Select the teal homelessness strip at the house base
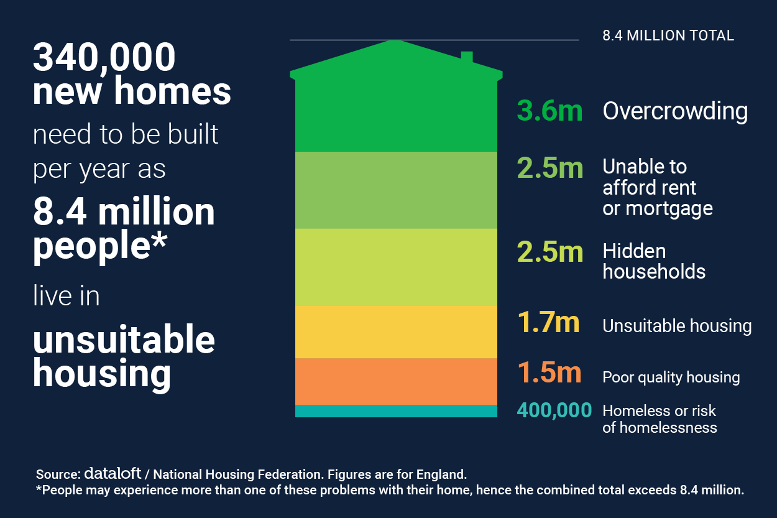pyautogui.click(x=396, y=411)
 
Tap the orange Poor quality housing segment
pyautogui.click(x=396, y=381)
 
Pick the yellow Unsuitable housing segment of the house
pyautogui.click(x=396, y=331)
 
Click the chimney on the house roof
pyautogui.click(x=467, y=58)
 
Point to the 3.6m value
pyautogui.click(x=549, y=111)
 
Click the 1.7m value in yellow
pyautogui.click(x=549, y=323)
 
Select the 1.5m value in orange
pyautogui.click(x=549, y=373)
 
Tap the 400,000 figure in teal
pyautogui.click(x=554, y=410)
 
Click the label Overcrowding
pyautogui.click(x=675, y=111)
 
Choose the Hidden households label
pyautogui.click(x=654, y=261)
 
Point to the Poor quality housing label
pyautogui.click(x=671, y=377)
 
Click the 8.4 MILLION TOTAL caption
pyautogui.click(x=668, y=35)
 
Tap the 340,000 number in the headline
pyautogui.click(x=104, y=58)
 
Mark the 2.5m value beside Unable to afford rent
pyautogui.click(x=549, y=168)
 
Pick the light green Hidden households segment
pyautogui.click(x=396, y=267)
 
